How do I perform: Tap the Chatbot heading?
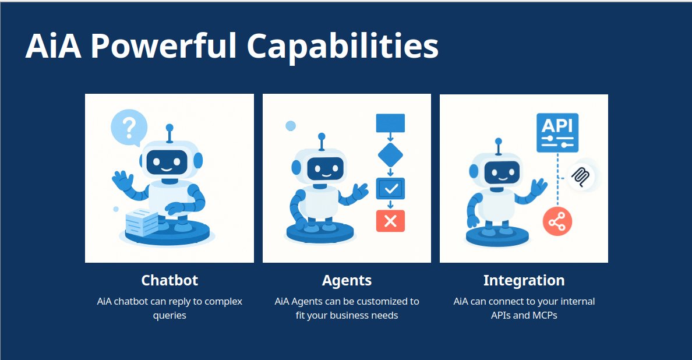coord(170,280)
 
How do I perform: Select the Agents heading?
coord(347,280)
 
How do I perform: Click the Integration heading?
coord(524,280)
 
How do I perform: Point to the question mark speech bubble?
coord(129,126)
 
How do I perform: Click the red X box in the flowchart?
coord(390,221)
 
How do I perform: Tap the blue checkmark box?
coord(390,188)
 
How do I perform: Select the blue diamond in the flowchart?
coord(390,155)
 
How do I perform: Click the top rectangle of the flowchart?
coord(390,123)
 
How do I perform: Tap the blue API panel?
coord(557,132)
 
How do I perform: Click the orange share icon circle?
coord(557,221)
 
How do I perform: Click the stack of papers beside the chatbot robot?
coord(142,221)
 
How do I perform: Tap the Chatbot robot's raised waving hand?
coord(123,180)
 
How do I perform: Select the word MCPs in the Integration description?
coord(545,316)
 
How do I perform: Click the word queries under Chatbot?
coord(170,316)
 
